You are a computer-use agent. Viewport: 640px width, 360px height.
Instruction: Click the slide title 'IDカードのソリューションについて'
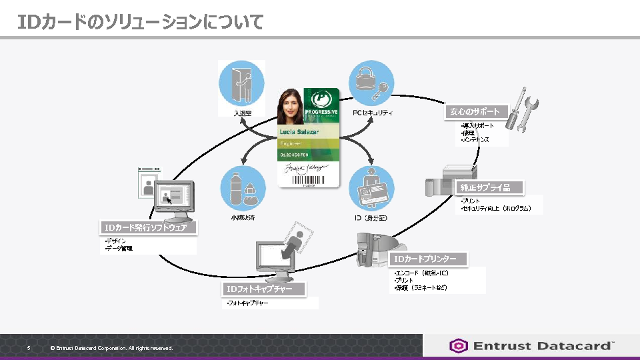pyautogui.click(x=141, y=22)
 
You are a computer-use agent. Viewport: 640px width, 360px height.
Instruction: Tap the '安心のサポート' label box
pyautogui.click(x=475, y=111)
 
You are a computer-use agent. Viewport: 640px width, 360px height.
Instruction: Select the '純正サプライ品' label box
pyautogui.click(x=489, y=187)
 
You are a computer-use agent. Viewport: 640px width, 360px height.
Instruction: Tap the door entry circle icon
pyautogui.click(x=241, y=82)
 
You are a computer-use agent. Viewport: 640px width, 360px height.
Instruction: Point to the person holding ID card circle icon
pyautogui.click(x=372, y=188)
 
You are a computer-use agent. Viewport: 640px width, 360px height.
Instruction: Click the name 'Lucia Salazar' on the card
pyautogui.click(x=299, y=132)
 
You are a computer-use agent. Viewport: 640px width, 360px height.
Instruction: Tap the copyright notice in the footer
pyautogui.click(x=111, y=348)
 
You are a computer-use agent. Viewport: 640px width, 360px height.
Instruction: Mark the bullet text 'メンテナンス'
pyautogui.click(x=476, y=140)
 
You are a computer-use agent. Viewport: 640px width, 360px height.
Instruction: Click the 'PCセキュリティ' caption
pyautogui.click(x=373, y=113)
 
